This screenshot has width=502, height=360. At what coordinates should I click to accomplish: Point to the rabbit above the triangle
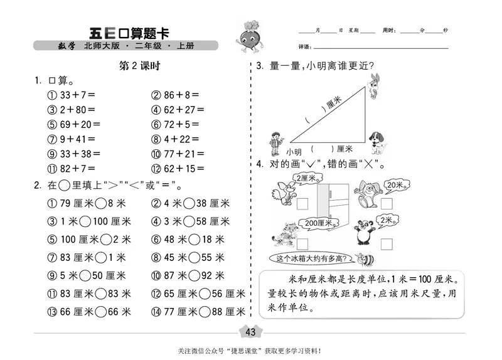coord(374,86)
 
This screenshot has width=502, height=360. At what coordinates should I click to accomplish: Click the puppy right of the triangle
coord(377,142)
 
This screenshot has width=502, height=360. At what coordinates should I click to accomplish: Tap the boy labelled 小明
coord(275,142)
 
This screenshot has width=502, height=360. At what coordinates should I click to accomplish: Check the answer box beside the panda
coord(386,243)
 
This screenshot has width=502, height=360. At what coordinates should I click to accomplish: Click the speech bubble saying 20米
coord(395,186)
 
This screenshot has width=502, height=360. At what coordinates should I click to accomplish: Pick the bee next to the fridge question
coord(363,258)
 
